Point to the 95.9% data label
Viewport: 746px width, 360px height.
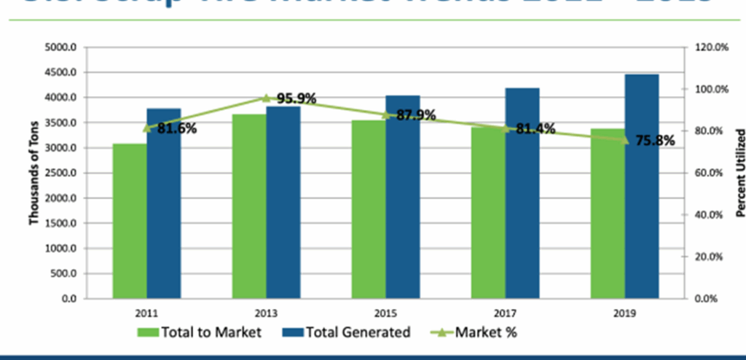pyautogui.click(x=296, y=98)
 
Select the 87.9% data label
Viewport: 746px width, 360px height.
pyautogui.click(x=415, y=115)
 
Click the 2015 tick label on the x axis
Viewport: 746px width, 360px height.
pyautogui.click(x=385, y=313)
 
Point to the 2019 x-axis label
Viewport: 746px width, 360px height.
pyautogui.click(x=624, y=313)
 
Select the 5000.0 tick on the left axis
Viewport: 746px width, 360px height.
pyautogui.click(x=62, y=47)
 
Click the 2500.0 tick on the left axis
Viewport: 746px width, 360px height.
pyautogui.click(x=62, y=173)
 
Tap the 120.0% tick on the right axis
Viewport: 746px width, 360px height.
pyautogui.click(x=711, y=47)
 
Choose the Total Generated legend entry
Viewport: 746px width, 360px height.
pyautogui.click(x=345, y=333)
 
